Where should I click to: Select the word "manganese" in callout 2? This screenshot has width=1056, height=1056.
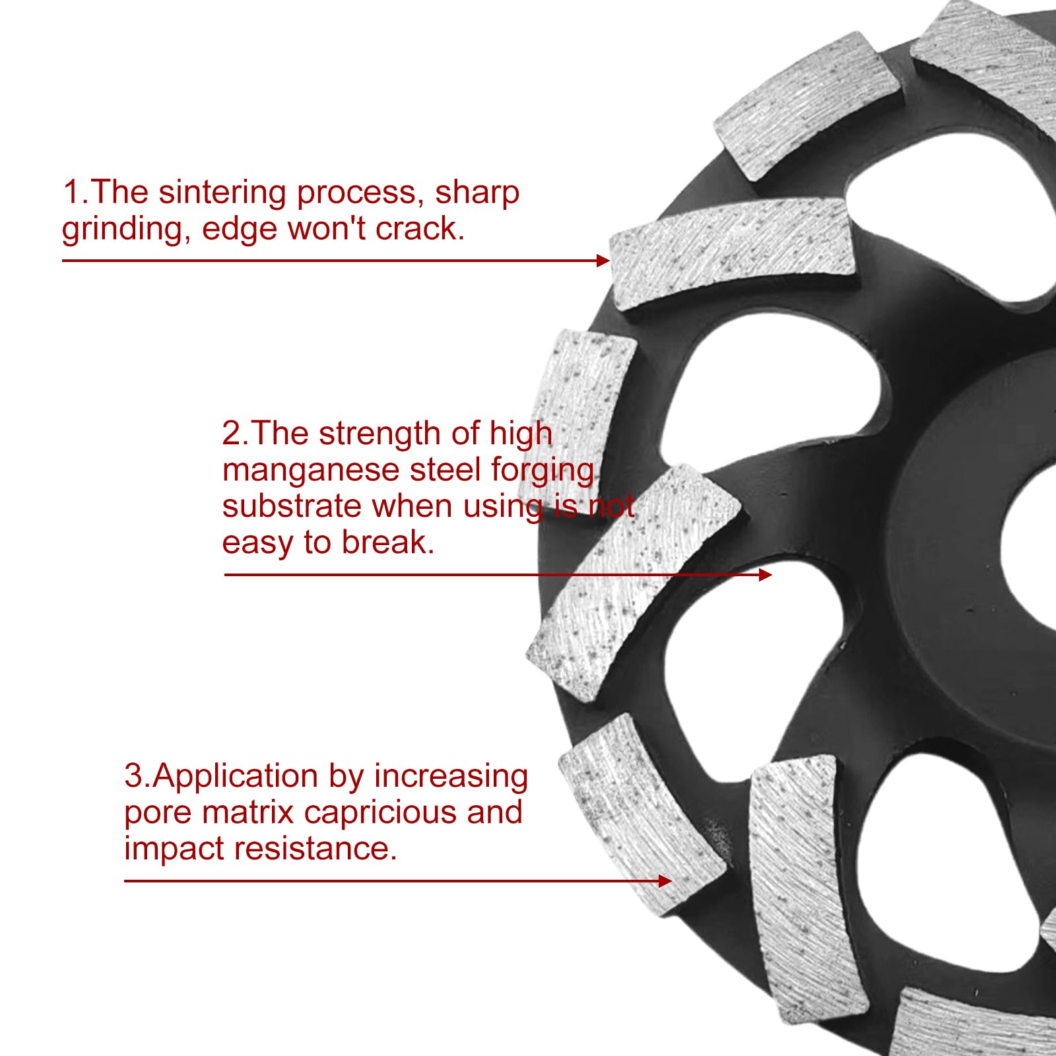point(311,471)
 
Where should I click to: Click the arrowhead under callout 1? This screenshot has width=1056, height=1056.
point(603,261)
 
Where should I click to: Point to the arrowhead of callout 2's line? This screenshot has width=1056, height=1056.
point(765,575)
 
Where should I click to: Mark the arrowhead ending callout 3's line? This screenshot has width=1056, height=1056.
point(665,881)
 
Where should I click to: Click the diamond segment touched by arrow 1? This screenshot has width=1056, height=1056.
point(733,254)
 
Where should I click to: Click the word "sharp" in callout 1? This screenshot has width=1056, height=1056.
point(477,193)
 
